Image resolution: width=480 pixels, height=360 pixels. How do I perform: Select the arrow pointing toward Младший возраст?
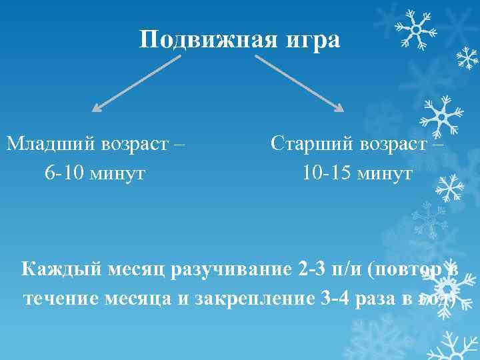(x=136, y=83)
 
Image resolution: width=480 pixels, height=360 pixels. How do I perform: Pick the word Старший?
(x=314, y=143)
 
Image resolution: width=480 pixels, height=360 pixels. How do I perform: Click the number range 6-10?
(x=64, y=173)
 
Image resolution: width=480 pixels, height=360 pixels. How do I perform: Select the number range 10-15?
(x=326, y=173)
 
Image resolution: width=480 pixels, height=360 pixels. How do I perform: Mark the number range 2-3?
(x=312, y=269)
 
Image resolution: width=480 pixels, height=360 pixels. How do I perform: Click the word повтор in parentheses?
(x=407, y=269)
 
